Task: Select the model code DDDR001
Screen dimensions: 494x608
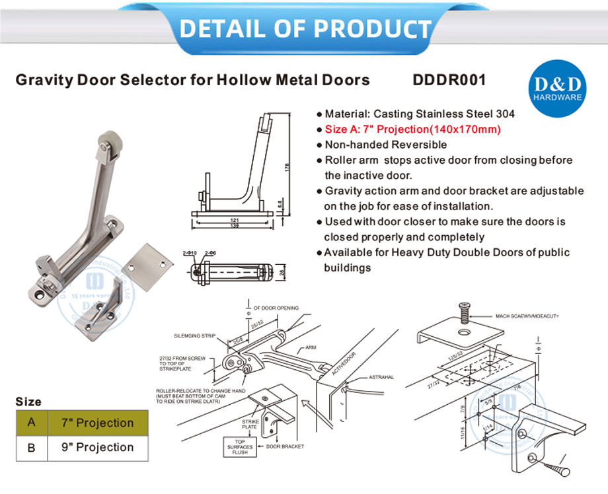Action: coord(449,81)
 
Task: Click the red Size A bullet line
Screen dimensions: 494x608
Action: coord(412,129)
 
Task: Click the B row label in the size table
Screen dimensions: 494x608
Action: coord(31,447)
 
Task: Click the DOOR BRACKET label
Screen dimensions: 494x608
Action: coord(285,446)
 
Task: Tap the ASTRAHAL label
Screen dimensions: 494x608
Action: coord(381,377)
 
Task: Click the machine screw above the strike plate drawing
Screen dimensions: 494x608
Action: coord(464,310)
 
